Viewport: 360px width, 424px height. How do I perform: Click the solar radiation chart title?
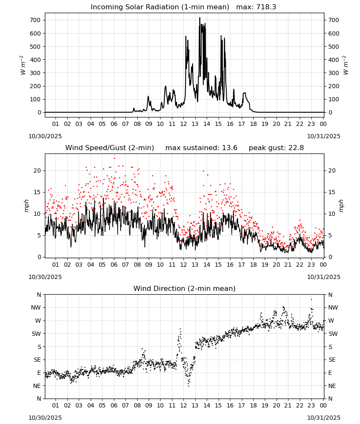(183, 7)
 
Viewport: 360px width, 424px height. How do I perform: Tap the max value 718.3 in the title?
(266, 7)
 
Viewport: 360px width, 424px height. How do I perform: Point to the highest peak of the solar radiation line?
(200, 17)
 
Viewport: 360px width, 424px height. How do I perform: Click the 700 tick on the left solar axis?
(36, 20)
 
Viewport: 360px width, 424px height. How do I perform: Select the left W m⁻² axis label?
(23, 65)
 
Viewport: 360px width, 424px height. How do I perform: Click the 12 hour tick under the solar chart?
(183, 124)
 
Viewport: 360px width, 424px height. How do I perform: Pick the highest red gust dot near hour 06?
(114, 158)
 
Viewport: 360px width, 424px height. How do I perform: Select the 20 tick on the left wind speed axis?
(37, 170)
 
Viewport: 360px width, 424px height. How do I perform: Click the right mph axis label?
(341, 206)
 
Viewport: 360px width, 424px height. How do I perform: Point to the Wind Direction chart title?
(185, 288)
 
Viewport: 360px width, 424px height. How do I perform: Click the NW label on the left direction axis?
(36, 307)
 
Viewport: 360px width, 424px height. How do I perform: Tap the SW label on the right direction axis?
(333, 334)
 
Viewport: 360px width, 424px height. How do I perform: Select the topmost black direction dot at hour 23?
(311, 299)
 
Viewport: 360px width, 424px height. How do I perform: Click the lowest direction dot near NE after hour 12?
(188, 386)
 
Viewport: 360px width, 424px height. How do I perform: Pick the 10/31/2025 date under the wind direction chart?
(324, 418)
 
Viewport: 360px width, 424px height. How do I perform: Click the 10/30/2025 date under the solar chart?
(45, 136)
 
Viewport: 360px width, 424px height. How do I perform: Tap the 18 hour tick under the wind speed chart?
(253, 265)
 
